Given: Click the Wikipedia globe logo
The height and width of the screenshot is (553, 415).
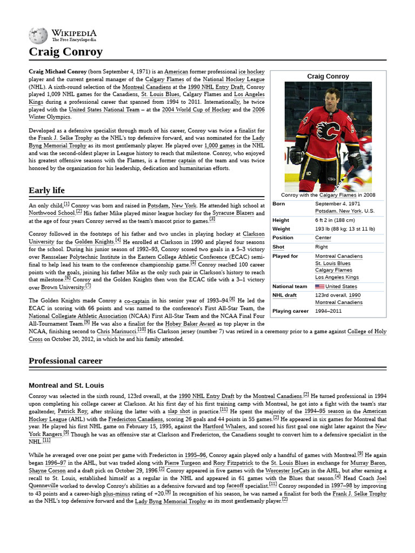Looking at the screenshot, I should pyautogui.click(x=38, y=36).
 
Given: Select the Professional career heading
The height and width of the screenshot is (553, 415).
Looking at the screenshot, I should pyautogui.click(x=65, y=361).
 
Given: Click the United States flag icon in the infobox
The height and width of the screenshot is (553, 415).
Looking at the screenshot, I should pyautogui.click(x=319, y=287).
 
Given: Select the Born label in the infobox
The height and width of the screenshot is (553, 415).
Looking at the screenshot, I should pyautogui.click(x=279, y=204).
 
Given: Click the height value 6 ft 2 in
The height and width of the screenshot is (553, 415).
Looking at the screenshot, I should pyautogui.click(x=334, y=220).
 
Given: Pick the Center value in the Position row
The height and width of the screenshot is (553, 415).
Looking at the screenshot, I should pyautogui.click(x=323, y=238).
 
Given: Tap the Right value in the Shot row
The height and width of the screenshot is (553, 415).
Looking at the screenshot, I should pyautogui.click(x=322, y=247).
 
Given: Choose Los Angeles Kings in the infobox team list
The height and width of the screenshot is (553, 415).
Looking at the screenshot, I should pyautogui.click(x=337, y=277).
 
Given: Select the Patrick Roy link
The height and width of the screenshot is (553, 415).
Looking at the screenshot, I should pyautogui.click(x=72, y=411).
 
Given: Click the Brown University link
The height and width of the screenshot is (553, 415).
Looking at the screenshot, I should pyautogui.click(x=60, y=288).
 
